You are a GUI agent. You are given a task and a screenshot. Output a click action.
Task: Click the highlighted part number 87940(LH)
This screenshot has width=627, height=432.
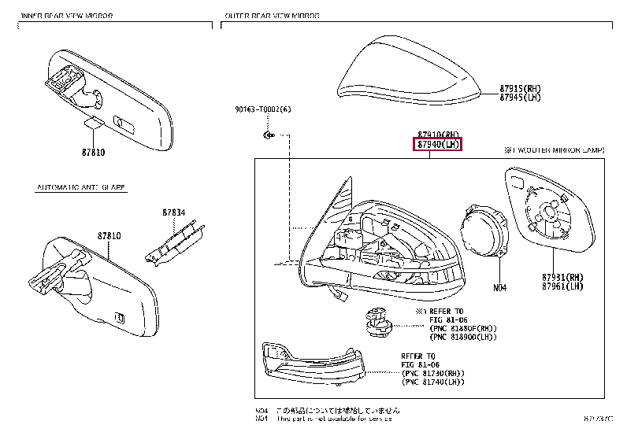coord(437,144)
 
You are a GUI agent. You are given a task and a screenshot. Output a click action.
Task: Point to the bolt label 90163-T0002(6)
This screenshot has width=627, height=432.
coord(262,109)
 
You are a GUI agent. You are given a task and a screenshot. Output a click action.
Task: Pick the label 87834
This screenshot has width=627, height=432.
coord(174,212)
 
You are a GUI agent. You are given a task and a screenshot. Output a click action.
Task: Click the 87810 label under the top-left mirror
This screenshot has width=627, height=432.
coord(92,152)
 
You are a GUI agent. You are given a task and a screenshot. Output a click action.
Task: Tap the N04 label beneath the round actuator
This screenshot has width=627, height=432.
coord(499,287)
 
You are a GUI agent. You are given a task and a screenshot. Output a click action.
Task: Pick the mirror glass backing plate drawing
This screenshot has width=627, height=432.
coord(547,212)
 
